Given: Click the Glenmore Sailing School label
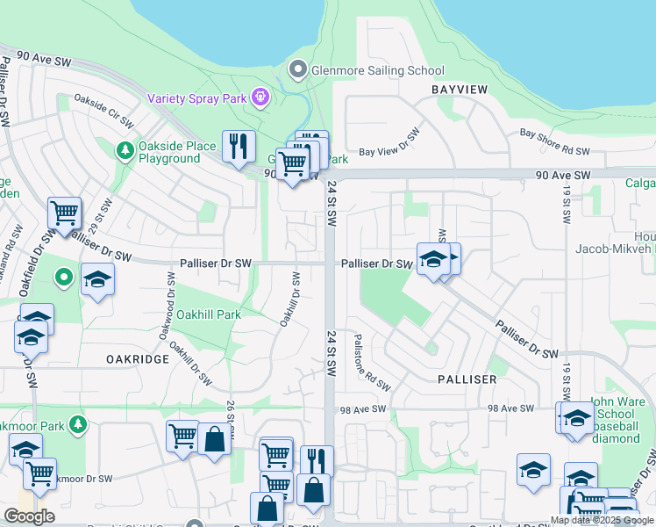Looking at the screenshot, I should [378, 70].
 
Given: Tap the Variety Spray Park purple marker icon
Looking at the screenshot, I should [260, 97].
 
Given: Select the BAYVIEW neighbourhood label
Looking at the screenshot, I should [458, 90].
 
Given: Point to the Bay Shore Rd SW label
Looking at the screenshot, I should [554, 141].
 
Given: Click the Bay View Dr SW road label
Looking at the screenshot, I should [391, 145].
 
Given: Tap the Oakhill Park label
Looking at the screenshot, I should [209, 314].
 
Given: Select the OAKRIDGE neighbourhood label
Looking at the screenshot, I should [137, 359].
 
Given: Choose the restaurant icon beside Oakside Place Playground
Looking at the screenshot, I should [239, 146].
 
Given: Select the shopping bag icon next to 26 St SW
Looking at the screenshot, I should [213, 437].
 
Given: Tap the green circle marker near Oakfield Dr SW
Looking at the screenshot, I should [63, 278].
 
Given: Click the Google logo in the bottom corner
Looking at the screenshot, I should [29, 516].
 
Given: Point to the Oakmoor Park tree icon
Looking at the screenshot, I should [78, 425].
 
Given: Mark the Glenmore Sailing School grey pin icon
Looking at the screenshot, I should [298, 69].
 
